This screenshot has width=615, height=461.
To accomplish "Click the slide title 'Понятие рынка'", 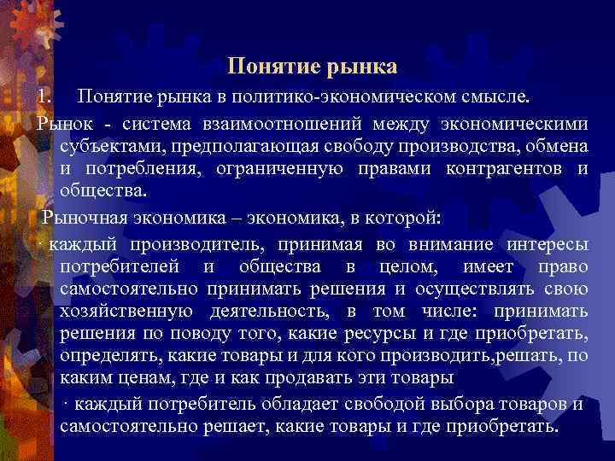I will pos(313,65).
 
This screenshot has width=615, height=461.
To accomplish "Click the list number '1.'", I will pos(44,90).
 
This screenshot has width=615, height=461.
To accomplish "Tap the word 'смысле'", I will pos(495,90).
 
